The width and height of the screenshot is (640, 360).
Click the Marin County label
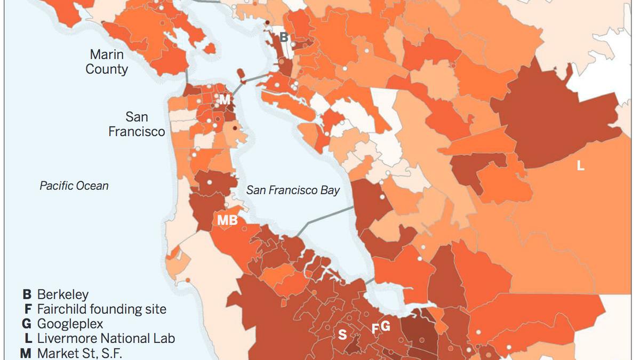click(x=107, y=62)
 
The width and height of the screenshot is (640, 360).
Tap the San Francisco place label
click(x=137, y=124)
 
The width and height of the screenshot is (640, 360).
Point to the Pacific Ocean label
click(x=74, y=186)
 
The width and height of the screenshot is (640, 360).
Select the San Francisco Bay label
click(x=293, y=190)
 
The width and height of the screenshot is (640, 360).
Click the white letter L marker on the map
click(x=581, y=166)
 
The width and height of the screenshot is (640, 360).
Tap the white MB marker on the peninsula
click(x=227, y=220)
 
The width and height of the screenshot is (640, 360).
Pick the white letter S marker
click(x=342, y=335)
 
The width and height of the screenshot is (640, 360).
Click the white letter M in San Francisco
click(x=225, y=100)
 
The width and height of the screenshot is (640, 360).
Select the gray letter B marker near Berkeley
click(x=284, y=37)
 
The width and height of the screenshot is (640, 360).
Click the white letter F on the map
click(x=375, y=329)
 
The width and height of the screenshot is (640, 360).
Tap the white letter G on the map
click(x=385, y=326)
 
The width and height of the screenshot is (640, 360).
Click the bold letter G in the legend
click(x=27, y=324)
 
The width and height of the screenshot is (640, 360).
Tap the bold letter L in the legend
click(x=27, y=338)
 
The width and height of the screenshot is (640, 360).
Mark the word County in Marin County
click(x=107, y=69)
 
